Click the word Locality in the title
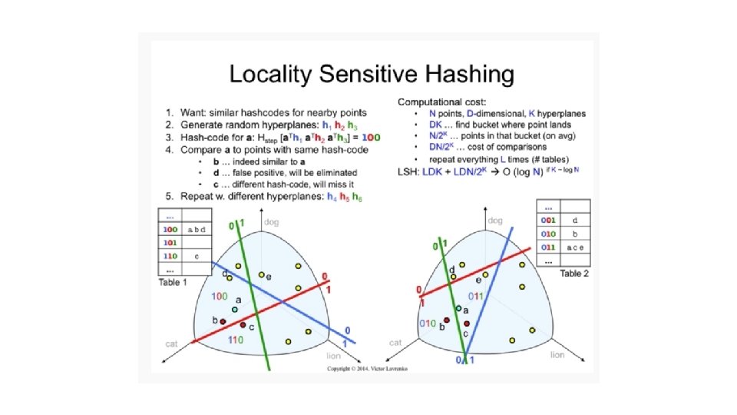pyautogui.click(x=273, y=75)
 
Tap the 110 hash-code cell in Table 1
pyautogui.click(x=170, y=255)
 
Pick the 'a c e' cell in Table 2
pyautogui.click(x=575, y=248)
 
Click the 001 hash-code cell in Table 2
pyautogui.click(x=547, y=220)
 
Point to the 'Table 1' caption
pyautogui.click(x=174, y=282)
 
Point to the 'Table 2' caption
pyautogui.click(x=575, y=274)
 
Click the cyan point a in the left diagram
pyautogui.click(x=235, y=310)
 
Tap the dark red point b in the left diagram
pyautogui.click(x=223, y=321)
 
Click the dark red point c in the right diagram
pyautogui.click(x=467, y=324)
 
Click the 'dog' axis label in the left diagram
pyautogui.click(x=271, y=223)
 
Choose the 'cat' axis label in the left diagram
pyautogui.click(x=172, y=344)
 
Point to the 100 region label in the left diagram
pyautogui.click(x=218, y=296)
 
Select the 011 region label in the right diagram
pyautogui.click(x=478, y=296)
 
